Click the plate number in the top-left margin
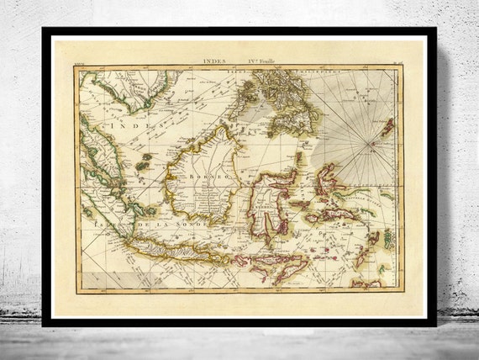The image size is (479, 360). point(80,61)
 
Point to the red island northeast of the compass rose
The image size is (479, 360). point(387,127)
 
